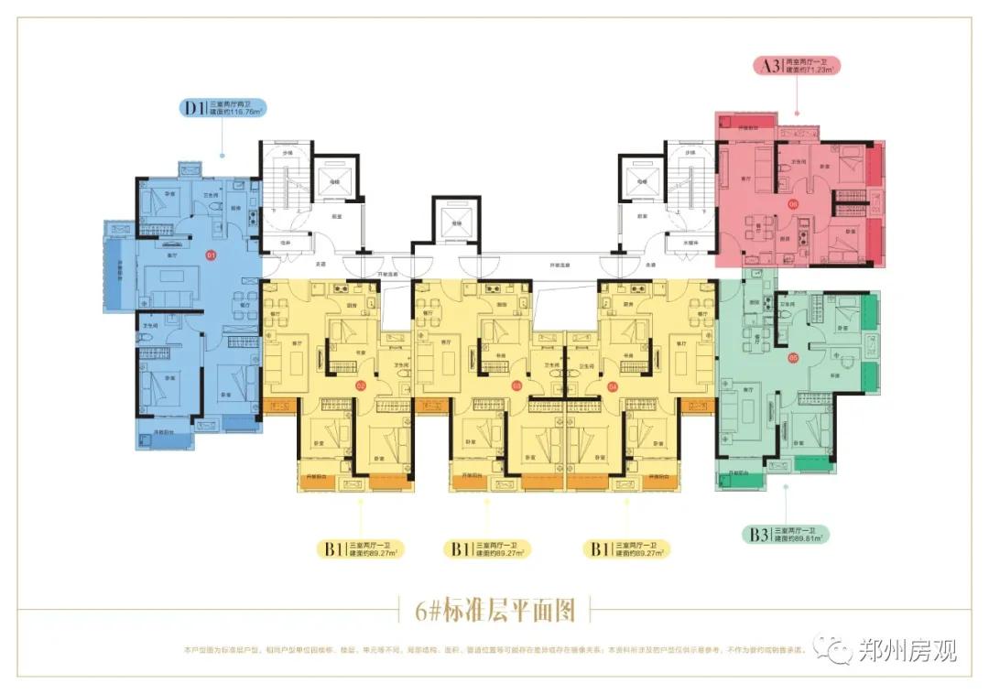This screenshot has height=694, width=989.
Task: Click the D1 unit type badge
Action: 193,109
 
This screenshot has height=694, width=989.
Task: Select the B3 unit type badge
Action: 757,536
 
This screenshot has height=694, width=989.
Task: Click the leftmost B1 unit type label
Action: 331,549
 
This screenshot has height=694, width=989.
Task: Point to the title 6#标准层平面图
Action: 495,608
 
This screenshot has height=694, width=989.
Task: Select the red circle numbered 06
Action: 793,204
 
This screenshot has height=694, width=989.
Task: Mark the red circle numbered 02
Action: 361,385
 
